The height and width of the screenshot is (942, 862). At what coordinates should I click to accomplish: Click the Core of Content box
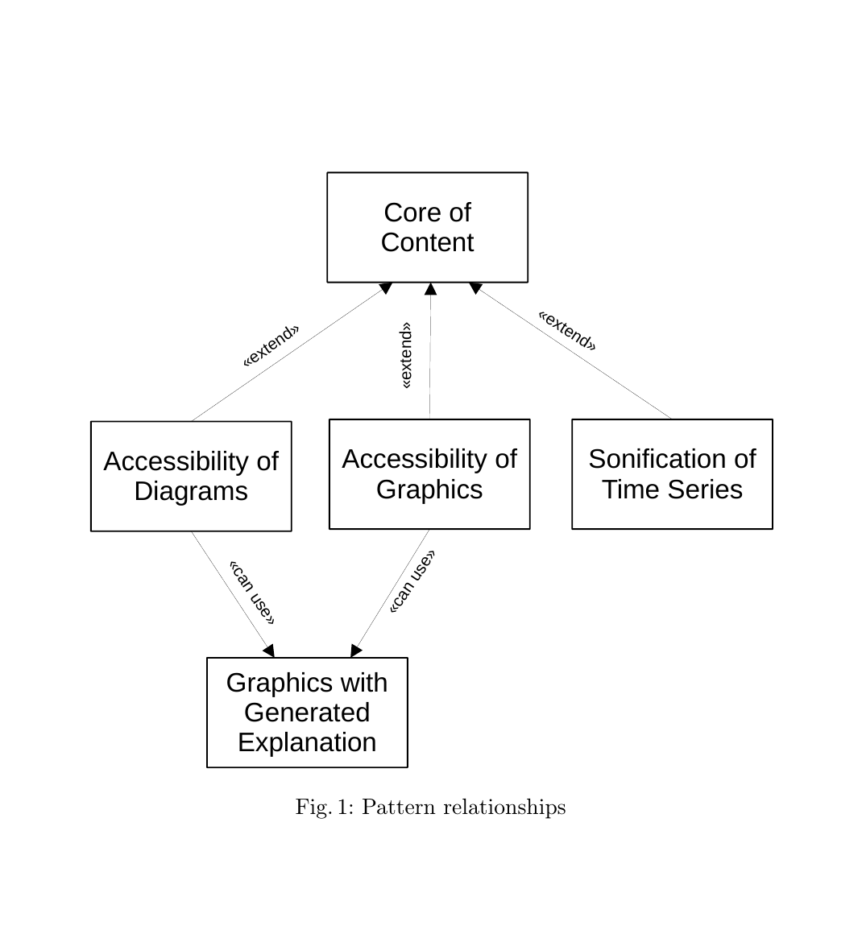(427, 227)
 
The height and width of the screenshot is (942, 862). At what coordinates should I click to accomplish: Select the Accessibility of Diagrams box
(191, 476)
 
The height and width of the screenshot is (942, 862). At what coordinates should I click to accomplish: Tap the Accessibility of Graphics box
(429, 473)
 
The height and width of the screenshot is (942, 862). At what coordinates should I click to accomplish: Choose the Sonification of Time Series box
(672, 473)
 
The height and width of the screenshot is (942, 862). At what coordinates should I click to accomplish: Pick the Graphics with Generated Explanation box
(307, 713)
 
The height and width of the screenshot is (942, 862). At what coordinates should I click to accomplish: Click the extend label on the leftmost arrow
(271, 345)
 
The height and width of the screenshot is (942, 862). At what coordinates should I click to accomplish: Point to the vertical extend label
(406, 356)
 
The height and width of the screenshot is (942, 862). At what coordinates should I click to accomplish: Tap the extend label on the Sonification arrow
(567, 331)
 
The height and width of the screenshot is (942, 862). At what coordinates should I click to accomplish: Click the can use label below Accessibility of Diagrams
(252, 593)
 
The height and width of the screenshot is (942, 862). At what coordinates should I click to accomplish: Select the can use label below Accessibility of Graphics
(412, 581)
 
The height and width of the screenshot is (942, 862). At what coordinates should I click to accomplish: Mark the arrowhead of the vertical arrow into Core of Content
(430, 289)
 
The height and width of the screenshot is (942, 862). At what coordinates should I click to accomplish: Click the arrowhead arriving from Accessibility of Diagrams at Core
(386, 288)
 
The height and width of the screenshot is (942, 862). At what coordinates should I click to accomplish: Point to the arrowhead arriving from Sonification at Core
(475, 287)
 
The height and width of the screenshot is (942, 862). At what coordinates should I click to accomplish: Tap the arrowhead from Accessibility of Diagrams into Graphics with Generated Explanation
(269, 651)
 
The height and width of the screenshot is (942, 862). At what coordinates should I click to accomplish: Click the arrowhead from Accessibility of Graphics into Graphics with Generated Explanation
(356, 651)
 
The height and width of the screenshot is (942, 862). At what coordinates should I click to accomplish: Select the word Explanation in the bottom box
(307, 742)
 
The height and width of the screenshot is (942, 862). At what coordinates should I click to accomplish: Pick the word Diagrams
(191, 491)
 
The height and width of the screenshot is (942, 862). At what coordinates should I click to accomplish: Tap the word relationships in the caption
(504, 808)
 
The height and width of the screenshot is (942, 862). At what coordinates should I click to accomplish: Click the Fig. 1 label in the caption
(324, 808)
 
